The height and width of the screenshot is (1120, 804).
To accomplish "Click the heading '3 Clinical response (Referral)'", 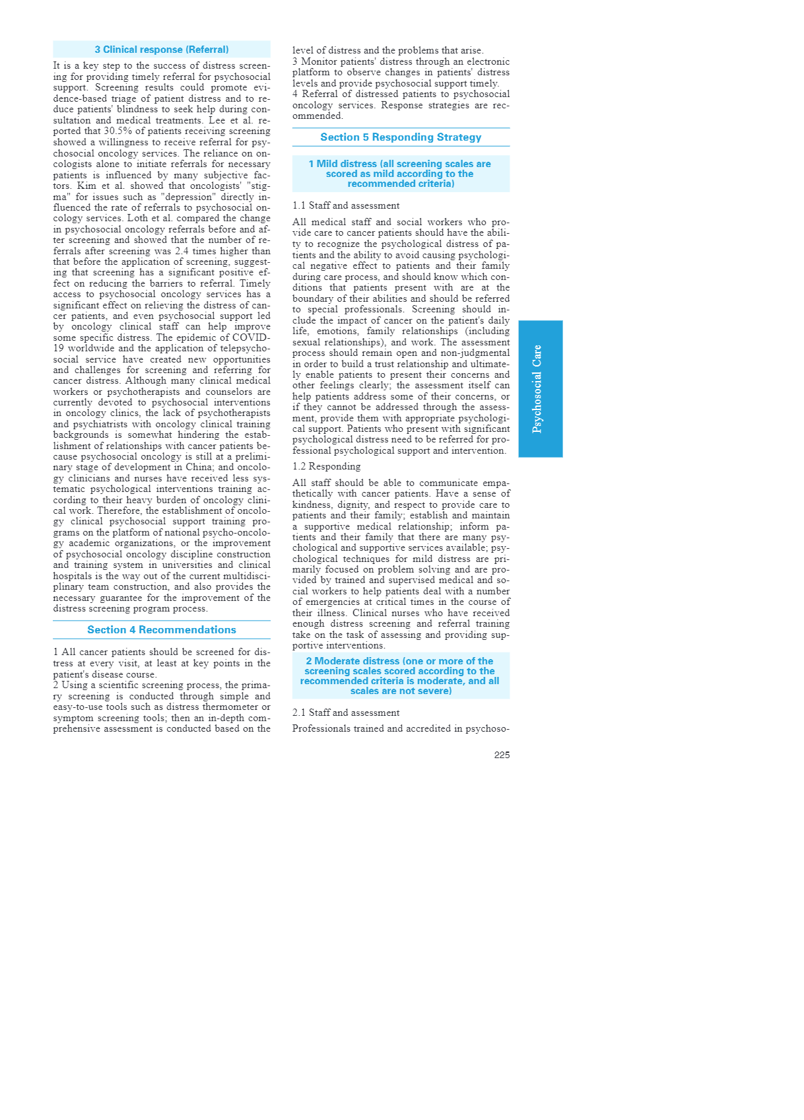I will [x=162, y=50].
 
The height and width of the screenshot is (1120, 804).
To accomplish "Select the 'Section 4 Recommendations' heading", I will [x=162, y=630].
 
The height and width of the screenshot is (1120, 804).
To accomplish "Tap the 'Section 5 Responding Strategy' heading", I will [x=401, y=137].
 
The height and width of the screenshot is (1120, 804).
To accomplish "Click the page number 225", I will [x=502, y=755].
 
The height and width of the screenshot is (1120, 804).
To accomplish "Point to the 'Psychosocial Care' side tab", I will [x=540, y=388].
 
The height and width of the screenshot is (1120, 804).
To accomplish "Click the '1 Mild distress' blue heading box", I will [x=401, y=174].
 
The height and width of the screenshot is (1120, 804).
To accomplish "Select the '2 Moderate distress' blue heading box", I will [x=401, y=676].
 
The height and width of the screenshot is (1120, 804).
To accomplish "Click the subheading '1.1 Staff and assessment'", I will [x=346, y=205].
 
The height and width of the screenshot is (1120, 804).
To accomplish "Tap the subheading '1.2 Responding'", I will [x=326, y=466].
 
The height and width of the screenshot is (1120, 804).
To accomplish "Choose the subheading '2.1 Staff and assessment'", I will [x=346, y=713].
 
